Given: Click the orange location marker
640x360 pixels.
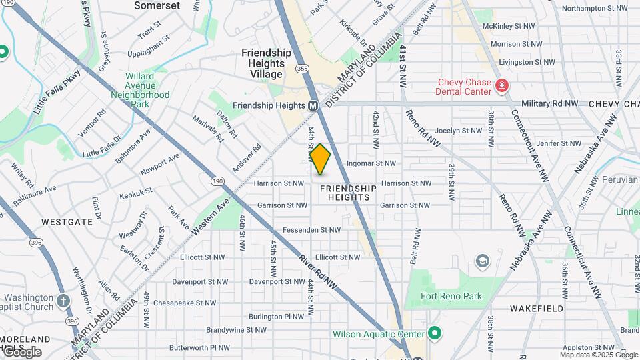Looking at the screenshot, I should pyautogui.click(x=321, y=159).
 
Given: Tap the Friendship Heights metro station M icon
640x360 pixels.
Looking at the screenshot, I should pyautogui.click(x=313, y=106).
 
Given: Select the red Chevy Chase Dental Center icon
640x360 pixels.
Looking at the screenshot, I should pyautogui.click(x=501, y=86).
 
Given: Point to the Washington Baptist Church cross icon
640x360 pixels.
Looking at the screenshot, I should pyautogui.click(x=63, y=301).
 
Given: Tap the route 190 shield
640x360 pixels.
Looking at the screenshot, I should pyautogui.click(x=217, y=181).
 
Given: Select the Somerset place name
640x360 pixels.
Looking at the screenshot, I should pyautogui.click(x=157, y=5).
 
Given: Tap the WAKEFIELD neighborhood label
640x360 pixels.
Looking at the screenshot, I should pyautogui.click(x=537, y=309).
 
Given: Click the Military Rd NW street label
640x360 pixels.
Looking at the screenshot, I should pyautogui.click(x=550, y=104).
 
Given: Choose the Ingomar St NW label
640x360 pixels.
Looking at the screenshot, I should pyautogui.click(x=371, y=163).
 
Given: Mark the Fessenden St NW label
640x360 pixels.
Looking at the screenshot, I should pyautogui.click(x=317, y=230).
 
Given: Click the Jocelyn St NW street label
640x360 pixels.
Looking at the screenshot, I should pyautogui.click(x=459, y=131).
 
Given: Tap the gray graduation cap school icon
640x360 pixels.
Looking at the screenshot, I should pyautogui.click(x=481, y=260).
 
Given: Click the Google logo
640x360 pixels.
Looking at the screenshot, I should pyautogui.click(x=21, y=351).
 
